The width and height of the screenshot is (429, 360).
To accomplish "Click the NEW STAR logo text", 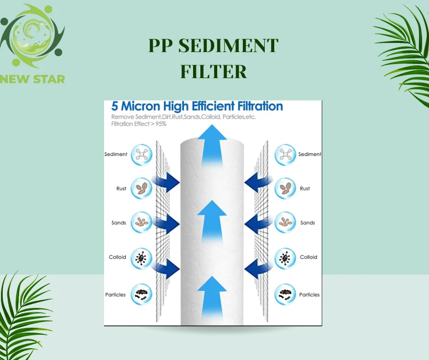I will pos(33,79).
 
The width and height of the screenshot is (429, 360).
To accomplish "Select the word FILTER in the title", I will pos(214,72).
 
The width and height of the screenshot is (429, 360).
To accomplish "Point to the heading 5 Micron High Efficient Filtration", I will pos(197,107).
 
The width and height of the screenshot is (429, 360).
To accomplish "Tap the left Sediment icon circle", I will pos(141,154).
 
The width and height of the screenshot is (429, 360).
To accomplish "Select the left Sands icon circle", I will pos(141,223).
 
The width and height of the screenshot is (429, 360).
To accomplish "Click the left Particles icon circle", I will pos(141,295).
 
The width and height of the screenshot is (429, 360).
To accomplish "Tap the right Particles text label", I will pos(309,295).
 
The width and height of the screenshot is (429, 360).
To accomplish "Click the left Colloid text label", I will pos(117,257).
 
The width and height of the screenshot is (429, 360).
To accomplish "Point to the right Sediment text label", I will pos(310,154).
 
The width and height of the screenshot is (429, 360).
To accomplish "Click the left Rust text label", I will pos(121,189).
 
